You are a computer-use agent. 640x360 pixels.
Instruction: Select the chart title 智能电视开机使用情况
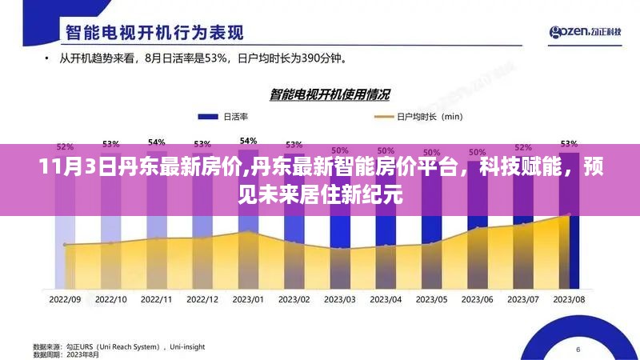[x=330, y=95]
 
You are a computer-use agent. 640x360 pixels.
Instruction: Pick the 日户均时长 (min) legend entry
[x=418, y=117]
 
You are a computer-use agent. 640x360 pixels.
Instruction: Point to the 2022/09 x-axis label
[x=66, y=298]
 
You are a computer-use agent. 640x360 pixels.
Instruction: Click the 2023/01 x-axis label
[x=248, y=298]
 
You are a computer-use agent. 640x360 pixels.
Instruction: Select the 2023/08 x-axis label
[x=569, y=298]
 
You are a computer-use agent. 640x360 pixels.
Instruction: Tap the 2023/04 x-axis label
[x=386, y=298]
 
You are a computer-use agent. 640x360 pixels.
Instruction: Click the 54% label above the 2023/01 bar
[x=248, y=141]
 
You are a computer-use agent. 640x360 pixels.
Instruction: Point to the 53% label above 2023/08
[x=569, y=143]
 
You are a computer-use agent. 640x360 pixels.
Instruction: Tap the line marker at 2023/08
[x=569, y=214]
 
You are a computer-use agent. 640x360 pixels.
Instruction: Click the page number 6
[x=578, y=350]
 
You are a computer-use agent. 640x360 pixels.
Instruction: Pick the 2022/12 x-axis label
[x=202, y=298]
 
